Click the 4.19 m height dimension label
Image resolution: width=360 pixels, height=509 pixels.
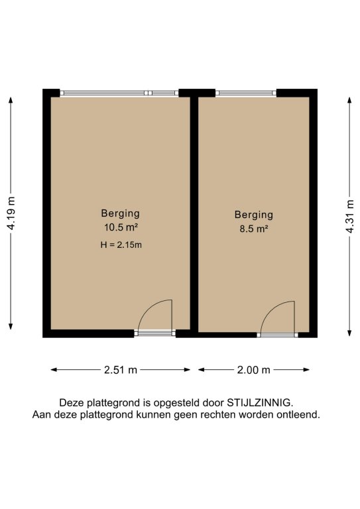(11, 213)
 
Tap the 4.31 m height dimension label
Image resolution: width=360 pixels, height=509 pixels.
(349, 216)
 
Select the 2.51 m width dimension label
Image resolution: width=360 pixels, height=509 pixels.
(121, 370)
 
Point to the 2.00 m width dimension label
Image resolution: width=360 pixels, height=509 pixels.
(253, 370)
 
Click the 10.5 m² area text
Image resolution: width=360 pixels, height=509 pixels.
(121, 227)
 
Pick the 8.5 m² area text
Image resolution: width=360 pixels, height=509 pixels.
(254, 229)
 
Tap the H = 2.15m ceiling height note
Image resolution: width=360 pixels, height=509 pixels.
(121, 245)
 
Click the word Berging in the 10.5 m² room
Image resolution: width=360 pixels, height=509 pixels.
(121, 213)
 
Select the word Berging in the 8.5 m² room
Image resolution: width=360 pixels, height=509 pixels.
(254, 215)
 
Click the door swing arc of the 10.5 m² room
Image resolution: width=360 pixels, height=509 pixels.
(147, 308)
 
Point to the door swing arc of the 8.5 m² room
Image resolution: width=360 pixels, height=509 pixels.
(270, 310)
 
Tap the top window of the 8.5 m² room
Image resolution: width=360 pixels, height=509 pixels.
(246, 93)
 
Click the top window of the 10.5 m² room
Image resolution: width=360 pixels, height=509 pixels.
(119, 93)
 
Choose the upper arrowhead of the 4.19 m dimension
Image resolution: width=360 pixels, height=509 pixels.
(11, 99)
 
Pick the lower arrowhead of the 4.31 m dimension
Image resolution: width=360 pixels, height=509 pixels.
(349, 333)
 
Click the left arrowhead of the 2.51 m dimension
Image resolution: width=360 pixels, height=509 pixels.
(54, 370)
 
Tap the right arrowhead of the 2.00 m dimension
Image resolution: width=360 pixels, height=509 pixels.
(306, 370)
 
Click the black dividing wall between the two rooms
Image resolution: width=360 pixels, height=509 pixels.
(194, 214)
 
